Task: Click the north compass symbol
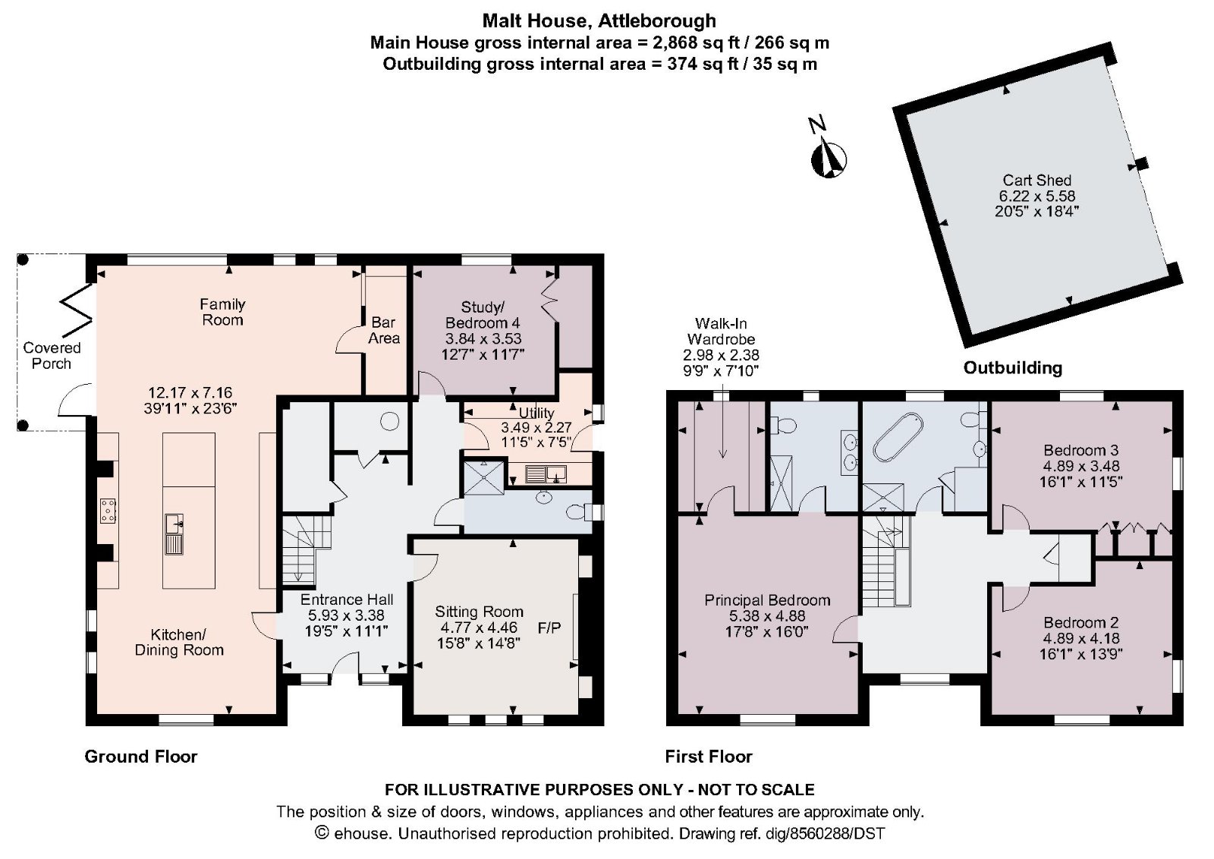pyautogui.click(x=829, y=157)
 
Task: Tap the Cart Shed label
pyautogui.click(x=1036, y=181)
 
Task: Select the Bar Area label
pyautogui.click(x=384, y=330)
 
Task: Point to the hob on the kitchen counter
pyautogui.click(x=108, y=510)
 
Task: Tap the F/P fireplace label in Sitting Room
pyautogui.click(x=549, y=628)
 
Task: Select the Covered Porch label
pyautogui.click(x=52, y=355)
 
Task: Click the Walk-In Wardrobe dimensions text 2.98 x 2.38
pyautogui.click(x=721, y=354)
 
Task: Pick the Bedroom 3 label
pyautogui.click(x=1080, y=451)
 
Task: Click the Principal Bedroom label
pyautogui.click(x=767, y=600)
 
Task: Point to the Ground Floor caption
pyautogui.click(x=140, y=757)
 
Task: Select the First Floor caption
pyautogui.click(x=708, y=757)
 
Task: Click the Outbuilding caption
pyautogui.click(x=1012, y=368)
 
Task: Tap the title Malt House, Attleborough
pyautogui.click(x=599, y=20)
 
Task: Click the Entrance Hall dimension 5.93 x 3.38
pyautogui.click(x=346, y=615)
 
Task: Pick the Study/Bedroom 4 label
pyautogui.click(x=483, y=315)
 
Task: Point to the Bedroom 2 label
pyautogui.click(x=1080, y=623)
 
